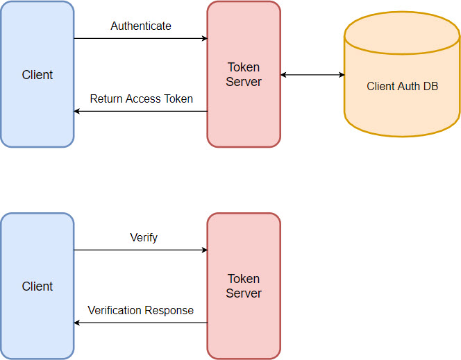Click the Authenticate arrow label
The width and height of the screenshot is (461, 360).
point(141,26)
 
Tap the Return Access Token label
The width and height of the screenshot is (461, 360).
point(141,99)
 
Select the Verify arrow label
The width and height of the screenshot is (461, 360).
point(144,238)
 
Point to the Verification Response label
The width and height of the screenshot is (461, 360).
point(140,311)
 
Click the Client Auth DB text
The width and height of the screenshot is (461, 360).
point(402,87)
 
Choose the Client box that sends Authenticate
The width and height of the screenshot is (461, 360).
point(37,74)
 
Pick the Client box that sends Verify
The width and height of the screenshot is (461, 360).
point(37,286)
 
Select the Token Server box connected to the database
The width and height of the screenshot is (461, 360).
point(244,74)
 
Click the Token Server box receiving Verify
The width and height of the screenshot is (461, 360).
point(244,286)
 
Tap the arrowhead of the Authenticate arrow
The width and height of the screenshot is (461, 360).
point(204,38)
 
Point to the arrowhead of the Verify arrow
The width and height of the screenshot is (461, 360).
point(204,250)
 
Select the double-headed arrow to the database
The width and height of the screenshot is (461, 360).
point(312,75)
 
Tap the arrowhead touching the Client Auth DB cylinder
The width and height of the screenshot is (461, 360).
point(341,75)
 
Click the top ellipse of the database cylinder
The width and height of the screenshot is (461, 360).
point(402,31)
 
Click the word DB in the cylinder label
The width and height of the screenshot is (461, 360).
point(430,87)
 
